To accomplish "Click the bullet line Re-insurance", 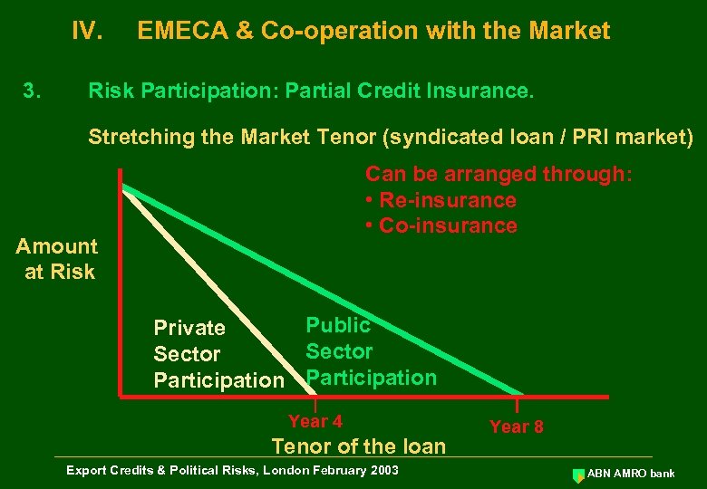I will (x=441, y=200).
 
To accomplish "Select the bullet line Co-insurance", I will (x=441, y=225).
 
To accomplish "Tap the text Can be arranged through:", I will (x=499, y=174).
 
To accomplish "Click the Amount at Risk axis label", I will (x=58, y=259).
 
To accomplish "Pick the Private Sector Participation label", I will (x=218, y=354).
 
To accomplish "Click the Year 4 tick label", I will (x=315, y=421).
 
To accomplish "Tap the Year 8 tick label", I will (x=517, y=427).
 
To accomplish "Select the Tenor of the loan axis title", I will (x=359, y=446).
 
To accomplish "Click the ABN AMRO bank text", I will (x=631, y=474).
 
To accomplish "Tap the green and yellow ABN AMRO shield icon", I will (x=578, y=475).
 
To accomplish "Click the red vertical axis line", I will (x=119, y=281).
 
